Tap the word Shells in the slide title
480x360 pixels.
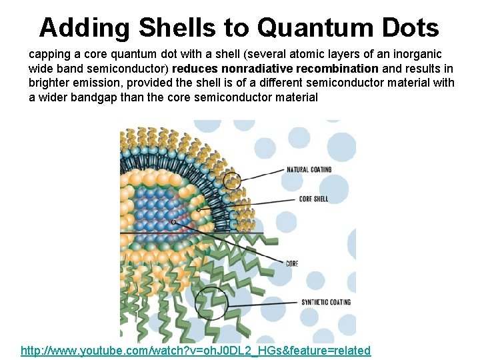(x=177, y=28)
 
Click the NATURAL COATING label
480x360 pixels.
(x=309, y=169)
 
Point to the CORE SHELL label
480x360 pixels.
(x=313, y=199)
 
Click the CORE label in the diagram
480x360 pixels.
(x=291, y=263)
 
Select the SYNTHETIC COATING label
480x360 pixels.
(x=326, y=302)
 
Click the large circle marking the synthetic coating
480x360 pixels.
(x=211, y=305)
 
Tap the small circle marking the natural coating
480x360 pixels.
(x=233, y=180)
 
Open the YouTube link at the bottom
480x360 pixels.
(x=195, y=351)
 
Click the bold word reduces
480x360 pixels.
(x=194, y=68)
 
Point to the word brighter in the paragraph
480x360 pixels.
(x=49, y=83)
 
